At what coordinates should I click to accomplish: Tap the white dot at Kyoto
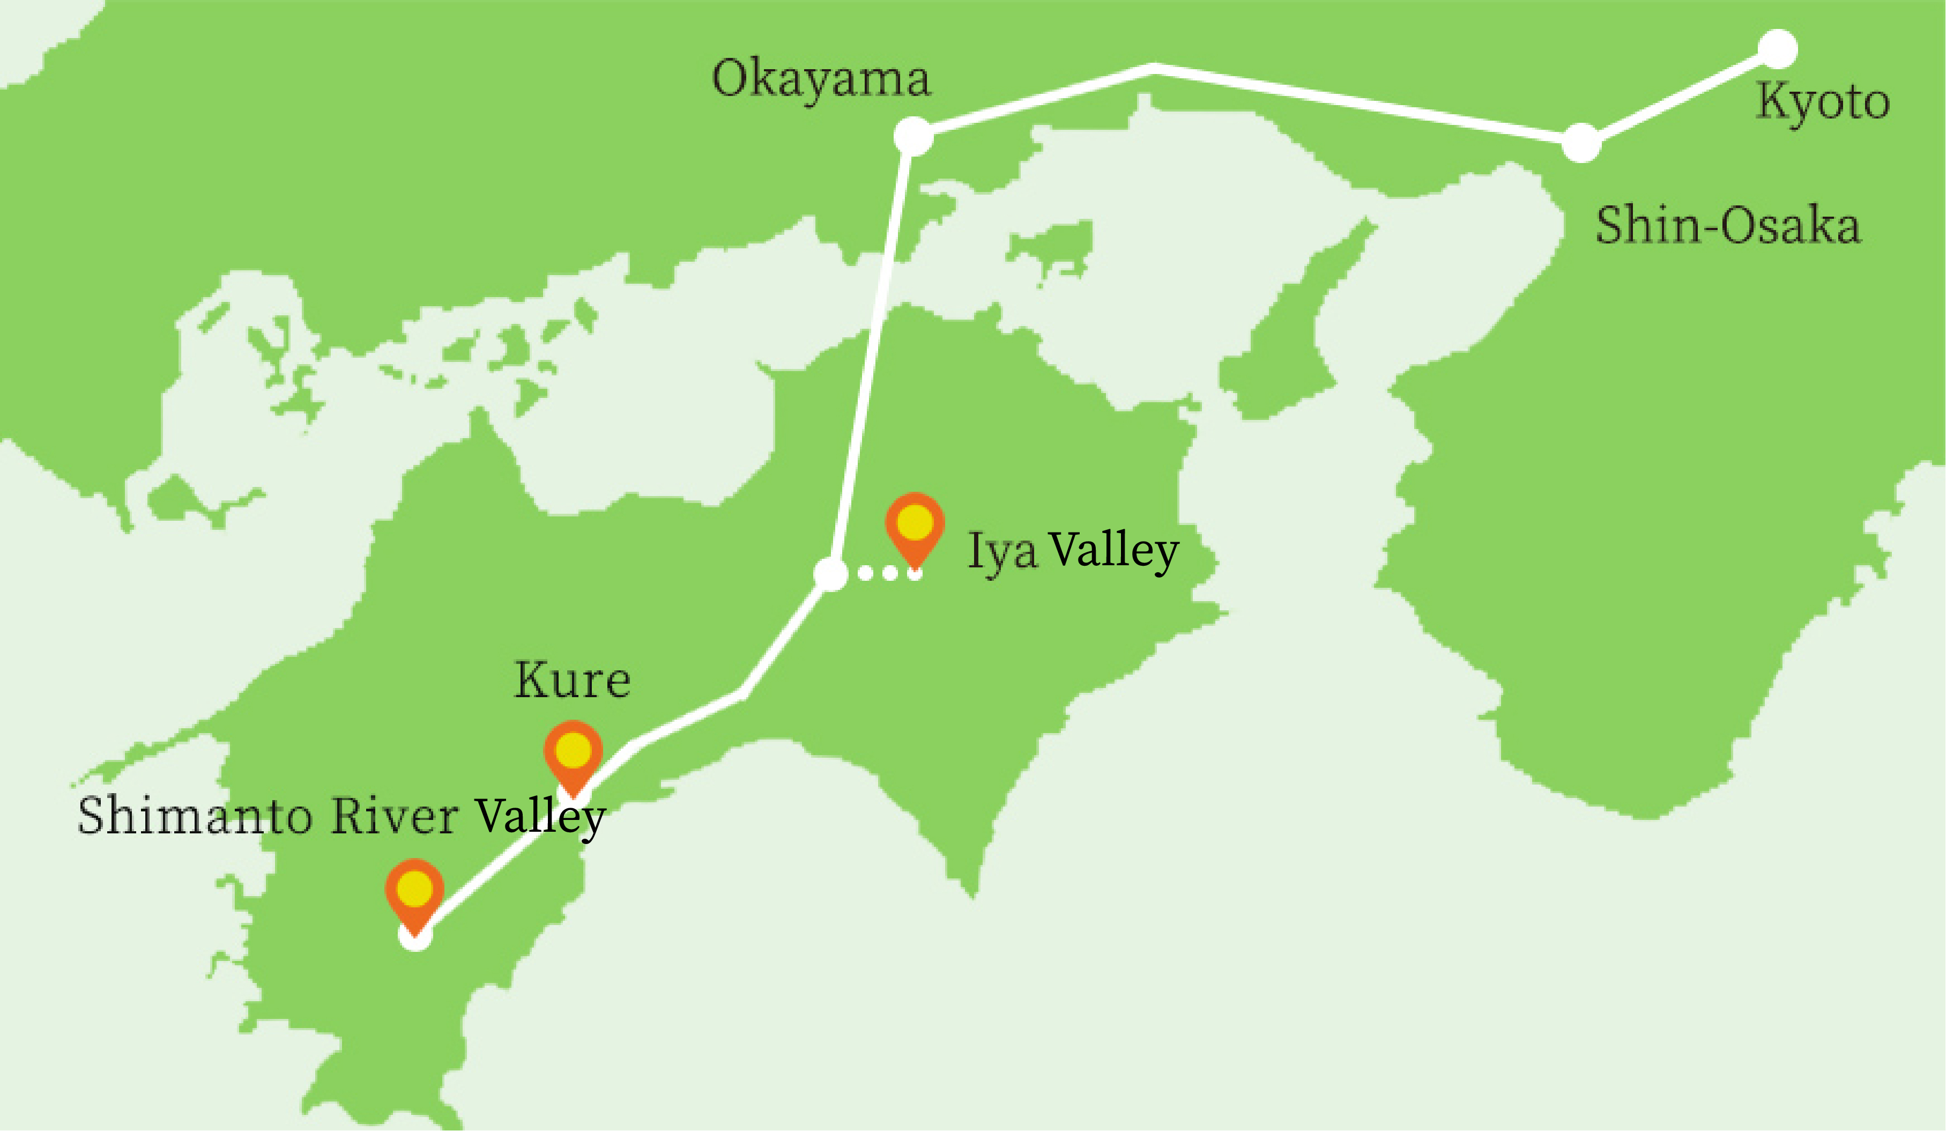point(1778,49)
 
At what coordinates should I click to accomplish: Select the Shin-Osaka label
point(1728,226)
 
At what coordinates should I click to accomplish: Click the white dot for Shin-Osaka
point(1581,143)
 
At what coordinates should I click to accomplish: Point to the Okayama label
point(821,79)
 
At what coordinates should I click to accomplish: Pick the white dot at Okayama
point(913,136)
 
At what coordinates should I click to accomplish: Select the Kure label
point(572,681)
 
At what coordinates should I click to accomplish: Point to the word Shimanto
point(195,816)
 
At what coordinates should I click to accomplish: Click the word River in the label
point(395,816)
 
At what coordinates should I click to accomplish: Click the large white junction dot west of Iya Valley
point(831,574)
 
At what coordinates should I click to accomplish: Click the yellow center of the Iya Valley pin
point(915,521)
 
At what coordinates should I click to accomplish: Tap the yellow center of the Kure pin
point(573,749)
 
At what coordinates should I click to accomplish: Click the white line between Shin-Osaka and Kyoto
point(1680,96)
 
